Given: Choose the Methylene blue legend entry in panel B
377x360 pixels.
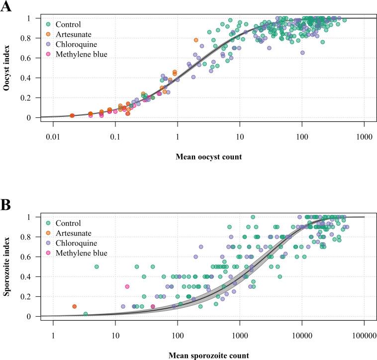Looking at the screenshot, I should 81,253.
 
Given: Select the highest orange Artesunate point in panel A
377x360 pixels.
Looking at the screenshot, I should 196,40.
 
